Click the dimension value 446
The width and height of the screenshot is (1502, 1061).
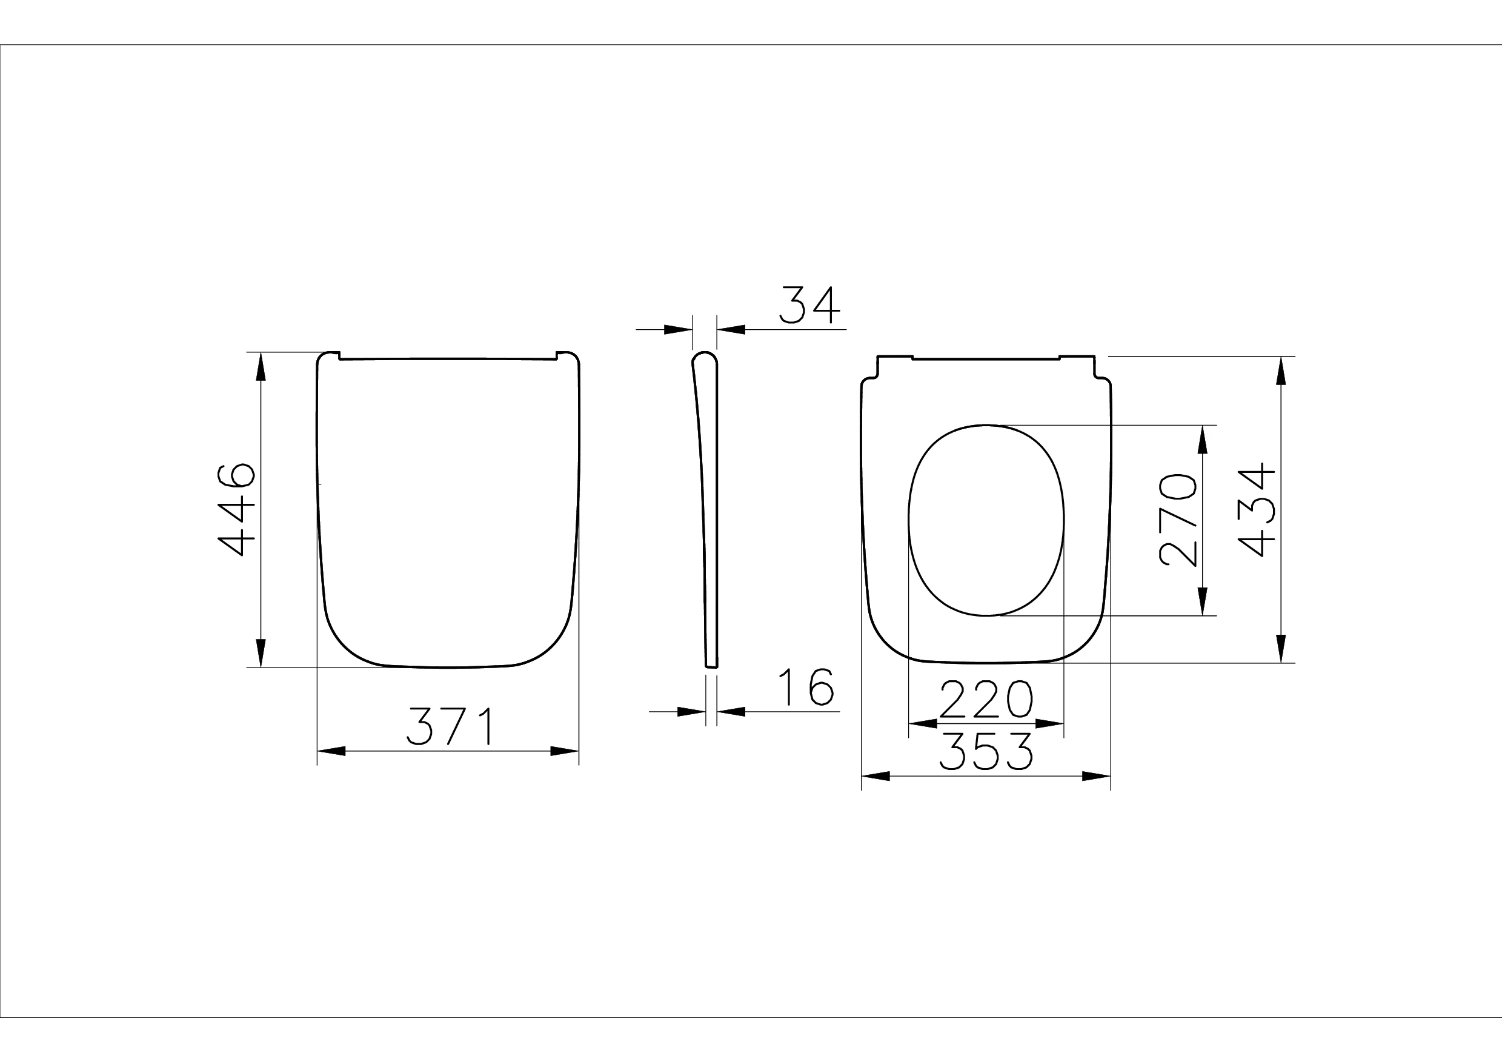point(236,509)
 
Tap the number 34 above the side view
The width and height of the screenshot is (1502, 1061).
point(810,305)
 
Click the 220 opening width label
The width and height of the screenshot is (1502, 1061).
point(986,699)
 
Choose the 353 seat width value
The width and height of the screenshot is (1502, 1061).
point(986,751)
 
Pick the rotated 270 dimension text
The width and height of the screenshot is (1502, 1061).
point(1177,520)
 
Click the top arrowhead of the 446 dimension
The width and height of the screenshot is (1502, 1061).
point(261,367)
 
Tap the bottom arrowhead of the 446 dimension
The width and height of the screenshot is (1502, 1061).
point(261,653)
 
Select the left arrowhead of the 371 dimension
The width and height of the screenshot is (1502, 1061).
point(331,751)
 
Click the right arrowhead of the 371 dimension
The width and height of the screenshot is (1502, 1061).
point(564,751)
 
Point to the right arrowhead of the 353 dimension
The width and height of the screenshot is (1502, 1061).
point(1096,776)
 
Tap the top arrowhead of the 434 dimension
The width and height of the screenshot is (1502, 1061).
point(1281,370)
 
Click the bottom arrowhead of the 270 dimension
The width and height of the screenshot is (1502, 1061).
point(1202,601)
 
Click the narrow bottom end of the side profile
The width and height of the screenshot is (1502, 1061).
point(711,666)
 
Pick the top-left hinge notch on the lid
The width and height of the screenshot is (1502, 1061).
point(338,356)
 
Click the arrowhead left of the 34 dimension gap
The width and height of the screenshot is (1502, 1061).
point(678,330)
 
